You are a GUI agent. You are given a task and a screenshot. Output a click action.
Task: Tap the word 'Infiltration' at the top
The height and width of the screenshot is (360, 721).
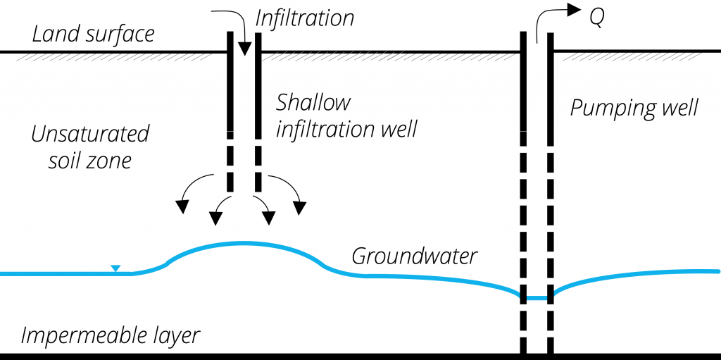pos(304,18)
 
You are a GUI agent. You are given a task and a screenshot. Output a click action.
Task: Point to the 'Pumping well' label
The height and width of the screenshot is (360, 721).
pos(634,108)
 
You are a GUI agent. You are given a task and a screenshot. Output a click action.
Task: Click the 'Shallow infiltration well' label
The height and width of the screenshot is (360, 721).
pos(346,116)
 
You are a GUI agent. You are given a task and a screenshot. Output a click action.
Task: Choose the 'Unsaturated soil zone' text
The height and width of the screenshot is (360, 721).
pos(90,147)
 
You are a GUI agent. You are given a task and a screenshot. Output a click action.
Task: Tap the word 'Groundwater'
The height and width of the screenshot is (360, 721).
pos(414,256)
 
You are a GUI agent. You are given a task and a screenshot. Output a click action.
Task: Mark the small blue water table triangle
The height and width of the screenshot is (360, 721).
pos(115,268)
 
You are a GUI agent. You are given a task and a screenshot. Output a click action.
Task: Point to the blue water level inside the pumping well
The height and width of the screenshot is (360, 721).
pos(537,298)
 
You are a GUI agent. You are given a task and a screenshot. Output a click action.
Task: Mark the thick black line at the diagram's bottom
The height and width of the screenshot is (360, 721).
pos(282,356)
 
